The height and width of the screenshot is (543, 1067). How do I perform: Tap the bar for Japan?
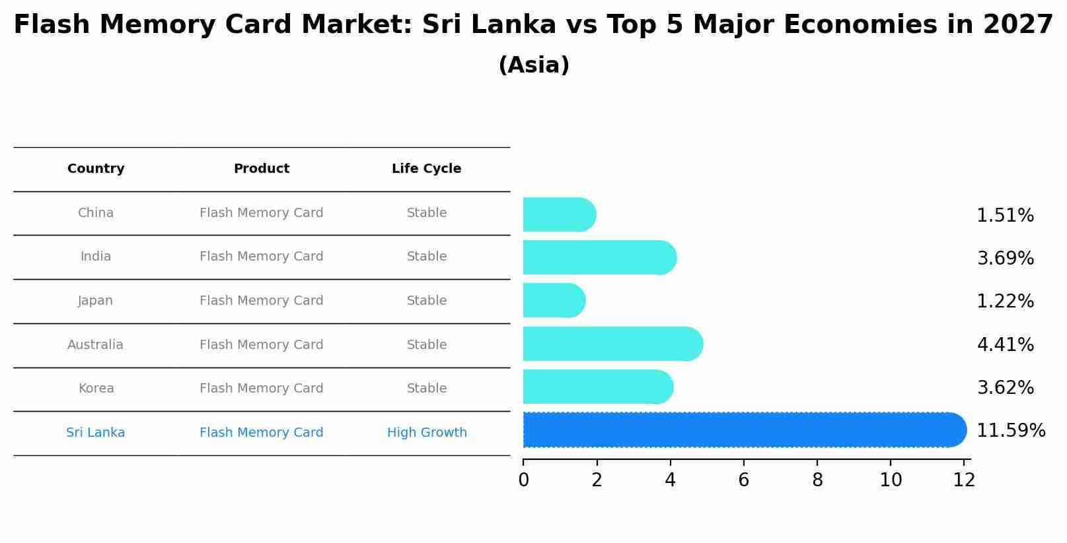(554, 301)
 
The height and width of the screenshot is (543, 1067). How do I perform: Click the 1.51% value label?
(1004, 216)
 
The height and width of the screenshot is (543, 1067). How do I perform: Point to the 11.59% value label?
(1010, 431)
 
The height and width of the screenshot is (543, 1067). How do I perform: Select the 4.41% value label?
(1004, 344)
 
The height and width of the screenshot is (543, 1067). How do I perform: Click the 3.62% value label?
(1004, 388)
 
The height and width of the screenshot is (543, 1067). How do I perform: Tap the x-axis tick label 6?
(743, 480)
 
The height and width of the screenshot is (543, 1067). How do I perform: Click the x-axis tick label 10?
(890, 480)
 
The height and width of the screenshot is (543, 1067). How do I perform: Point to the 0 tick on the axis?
(523, 480)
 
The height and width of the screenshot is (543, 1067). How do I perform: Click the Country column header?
(96, 169)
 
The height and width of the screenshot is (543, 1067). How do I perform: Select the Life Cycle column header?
(426, 169)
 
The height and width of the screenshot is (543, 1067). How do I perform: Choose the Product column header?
(261, 169)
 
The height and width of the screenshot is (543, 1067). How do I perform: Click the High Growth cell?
(426, 433)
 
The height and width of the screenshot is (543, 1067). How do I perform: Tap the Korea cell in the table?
(96, 389)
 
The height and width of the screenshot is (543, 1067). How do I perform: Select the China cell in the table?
(96, 213)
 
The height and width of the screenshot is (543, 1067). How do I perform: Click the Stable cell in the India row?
(426, 257)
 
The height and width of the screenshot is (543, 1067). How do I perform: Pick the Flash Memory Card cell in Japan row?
(261, 301)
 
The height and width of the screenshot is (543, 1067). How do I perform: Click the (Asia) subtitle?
(533, 65)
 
